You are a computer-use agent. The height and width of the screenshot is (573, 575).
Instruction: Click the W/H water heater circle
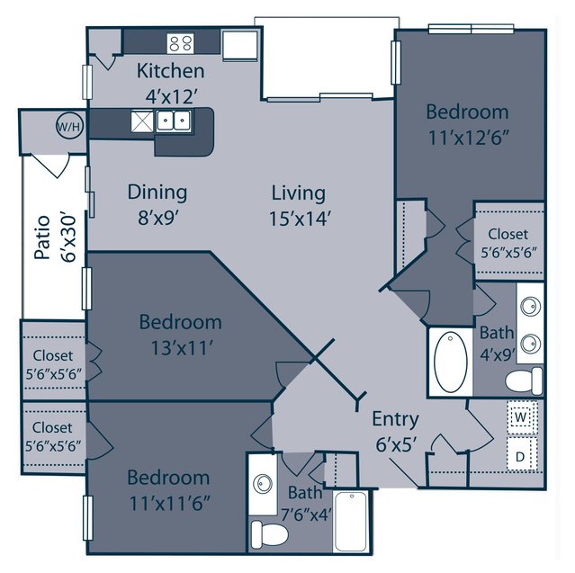pyautogui.click(x=69, y=126)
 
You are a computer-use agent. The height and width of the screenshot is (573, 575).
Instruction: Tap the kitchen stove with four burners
pyautogui.click(x=181, y=43)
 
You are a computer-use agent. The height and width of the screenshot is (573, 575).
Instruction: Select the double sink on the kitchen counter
pyautogui.click(x=174, y=120)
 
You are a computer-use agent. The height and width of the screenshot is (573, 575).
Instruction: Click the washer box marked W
pyautogui.click(x=521, y=417)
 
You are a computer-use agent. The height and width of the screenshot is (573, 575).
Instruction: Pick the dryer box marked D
pyautogui.click(x=522, y=454)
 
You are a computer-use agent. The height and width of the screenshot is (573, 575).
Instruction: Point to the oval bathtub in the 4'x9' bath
pyautogui.click(x=451, y=362)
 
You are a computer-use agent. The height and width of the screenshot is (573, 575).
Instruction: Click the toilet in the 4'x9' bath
pyautogui.click(x=524, y=381)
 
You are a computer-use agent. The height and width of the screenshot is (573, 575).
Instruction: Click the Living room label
pyautogui.click(x=298, y=193)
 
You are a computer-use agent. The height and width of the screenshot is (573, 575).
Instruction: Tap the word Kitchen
pyautogui.click(x=170, y=71)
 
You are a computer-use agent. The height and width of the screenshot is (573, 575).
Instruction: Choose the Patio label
pyautogui.click(x=42, y=237)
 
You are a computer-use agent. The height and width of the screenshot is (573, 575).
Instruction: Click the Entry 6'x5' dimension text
pyautogui.click(x=397, y=445)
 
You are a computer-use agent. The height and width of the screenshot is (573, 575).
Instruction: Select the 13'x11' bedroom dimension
pyautogui.click(x=182, y=348)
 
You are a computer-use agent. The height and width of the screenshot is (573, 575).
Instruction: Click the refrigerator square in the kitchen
pyautogui.click(x=240, y=46)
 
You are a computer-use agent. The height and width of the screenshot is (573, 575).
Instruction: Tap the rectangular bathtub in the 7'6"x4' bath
pyautogui.click(x=351, y=521)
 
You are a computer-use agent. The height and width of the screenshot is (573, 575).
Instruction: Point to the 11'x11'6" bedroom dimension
pyautogui.click(x=169, y=504)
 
